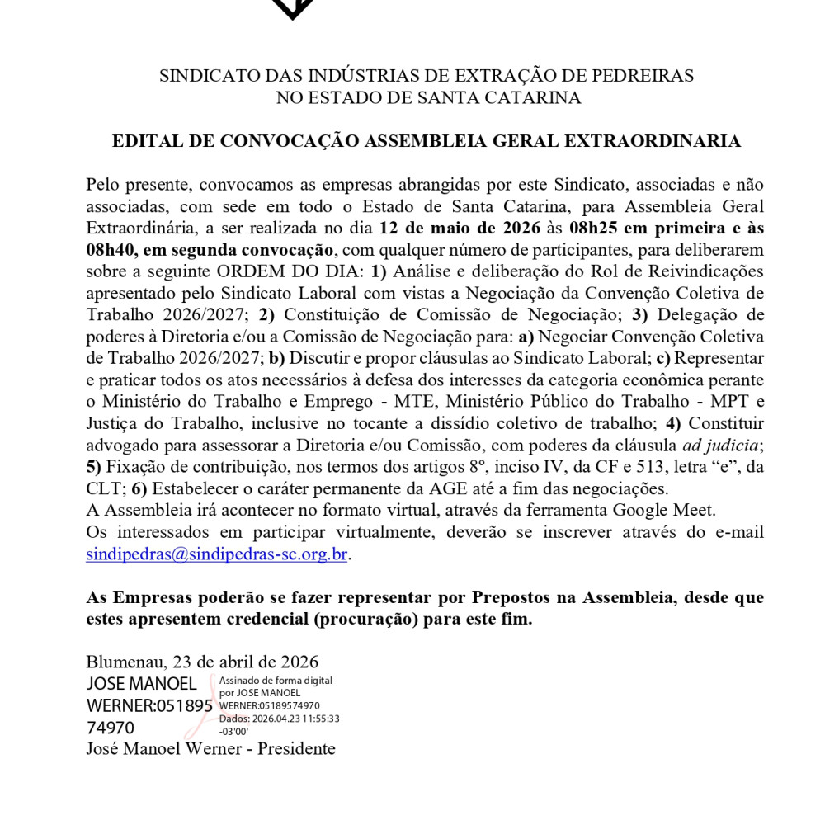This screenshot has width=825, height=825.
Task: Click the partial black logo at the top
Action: tap(293, 8)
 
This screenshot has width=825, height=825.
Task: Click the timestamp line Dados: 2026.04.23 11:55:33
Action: tap(279, 719)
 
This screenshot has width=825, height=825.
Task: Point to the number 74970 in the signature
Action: tap(111, 728)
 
